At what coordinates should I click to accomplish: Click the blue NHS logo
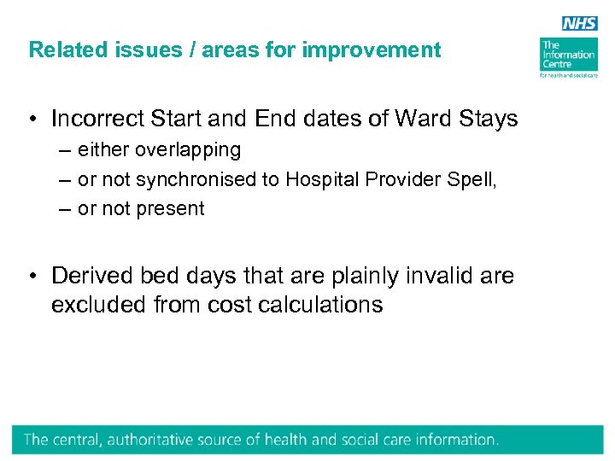pos(581,24)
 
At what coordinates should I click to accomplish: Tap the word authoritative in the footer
pos(148,441)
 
